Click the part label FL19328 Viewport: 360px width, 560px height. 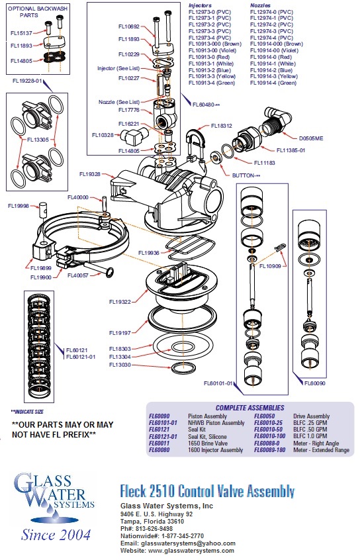[90, 174]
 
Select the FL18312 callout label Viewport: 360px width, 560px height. [222, 125]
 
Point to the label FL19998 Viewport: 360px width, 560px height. [19, 206]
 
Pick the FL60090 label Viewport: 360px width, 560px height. [315, 383]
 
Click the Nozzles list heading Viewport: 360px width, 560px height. [260, 5]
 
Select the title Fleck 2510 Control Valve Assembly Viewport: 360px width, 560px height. [206, 490]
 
